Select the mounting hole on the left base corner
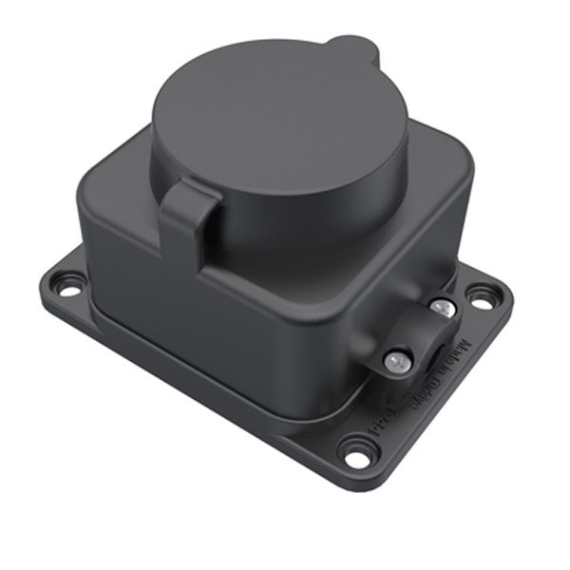67,282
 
